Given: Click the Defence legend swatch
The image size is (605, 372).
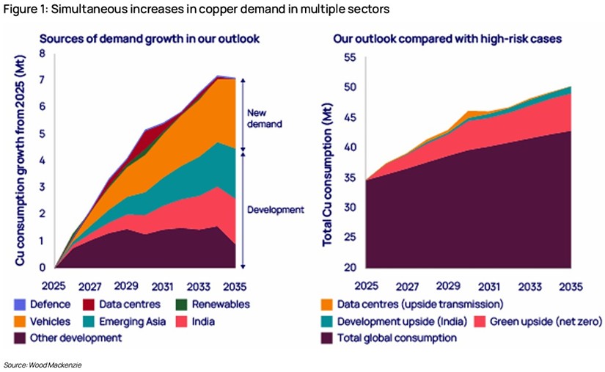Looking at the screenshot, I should [19, 304].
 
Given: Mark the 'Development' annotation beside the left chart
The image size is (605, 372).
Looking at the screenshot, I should [275, 210].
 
